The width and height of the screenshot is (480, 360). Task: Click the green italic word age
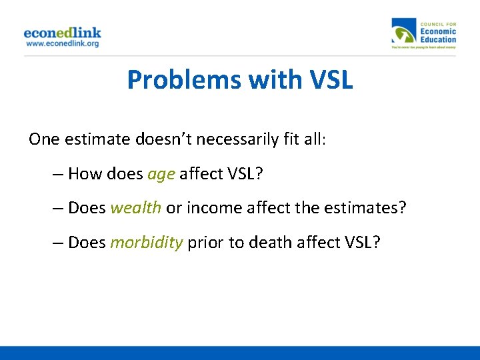pyautogui.click(x=161, y=174)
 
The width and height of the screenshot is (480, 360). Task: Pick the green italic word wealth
pyautogui.click(x=135, y=207)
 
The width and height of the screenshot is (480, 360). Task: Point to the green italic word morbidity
pyautogui.click(x=146, y=242)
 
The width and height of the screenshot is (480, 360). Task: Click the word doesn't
pyautogui.click(x=150, y=139)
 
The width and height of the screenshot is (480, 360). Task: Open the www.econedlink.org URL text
pyautogui.click(x=62, y=43)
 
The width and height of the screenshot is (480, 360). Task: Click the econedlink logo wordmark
pyautogui.click(x=62, y=32)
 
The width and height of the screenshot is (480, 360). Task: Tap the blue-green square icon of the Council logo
pyautogui.click(x=403, y=31)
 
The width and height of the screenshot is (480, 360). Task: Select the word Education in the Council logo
pyautogui.click(x=438, y=39)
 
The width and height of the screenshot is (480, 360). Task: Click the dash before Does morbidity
pyautogui.click(x=58, y=242)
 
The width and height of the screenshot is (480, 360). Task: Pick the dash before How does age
pyautogui.click(x=58, y=174)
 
